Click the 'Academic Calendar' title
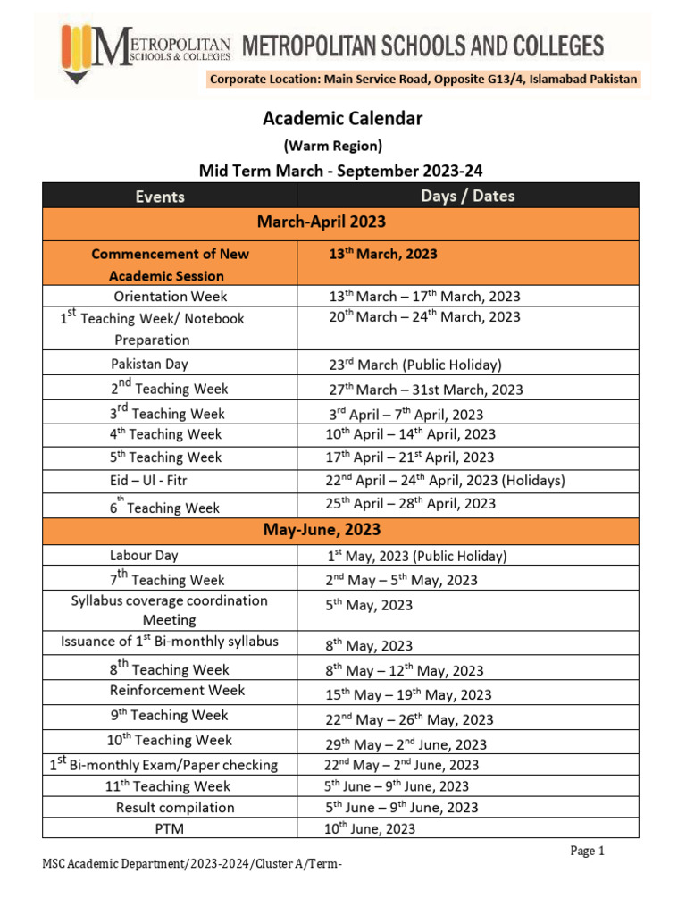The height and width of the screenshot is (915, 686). (x=342, y=118)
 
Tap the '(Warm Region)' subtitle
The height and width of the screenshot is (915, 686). (x=332, y=145)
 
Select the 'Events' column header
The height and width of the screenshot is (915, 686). (x=160, y=197)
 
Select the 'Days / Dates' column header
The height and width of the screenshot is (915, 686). (x=467, y=196)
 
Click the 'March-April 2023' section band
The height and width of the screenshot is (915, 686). (x=341, y=221)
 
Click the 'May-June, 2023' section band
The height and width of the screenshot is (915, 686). (x=341, y=531)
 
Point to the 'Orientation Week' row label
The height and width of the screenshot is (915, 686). (x=170, y=297)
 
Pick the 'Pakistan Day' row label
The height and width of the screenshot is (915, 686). (x=149, y=364)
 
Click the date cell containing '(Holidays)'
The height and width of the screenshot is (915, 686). (x=445, y=481)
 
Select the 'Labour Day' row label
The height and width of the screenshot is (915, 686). (x=144, y=555)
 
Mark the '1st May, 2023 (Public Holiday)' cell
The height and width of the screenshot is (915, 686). (x=416, y=556)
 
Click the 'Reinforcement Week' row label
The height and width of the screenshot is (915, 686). (x=177, y=691)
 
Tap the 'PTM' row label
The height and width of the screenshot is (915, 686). (x=170, y=829)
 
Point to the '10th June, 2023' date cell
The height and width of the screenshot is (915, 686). (x=371, y=829)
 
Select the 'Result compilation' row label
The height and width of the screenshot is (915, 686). (x=175, y=808)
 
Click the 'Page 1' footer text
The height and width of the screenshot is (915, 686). (x=588, y=852)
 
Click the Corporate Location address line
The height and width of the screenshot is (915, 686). (x=423, y=80)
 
